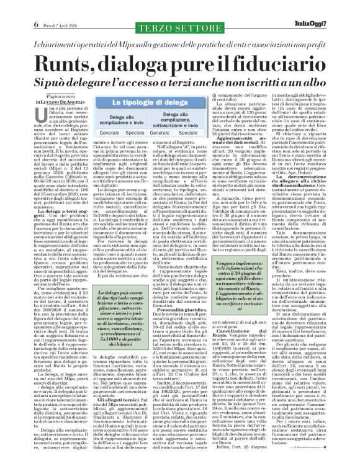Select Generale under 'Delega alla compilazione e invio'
tap(109, 133)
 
